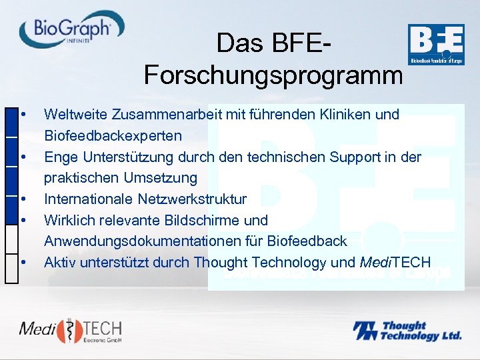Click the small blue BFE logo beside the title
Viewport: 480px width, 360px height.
coord(435,45)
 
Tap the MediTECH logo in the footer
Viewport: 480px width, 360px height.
coord(70,329)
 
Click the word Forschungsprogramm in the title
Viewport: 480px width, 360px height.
coord(273,75)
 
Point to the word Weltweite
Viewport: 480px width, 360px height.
coord(71,114)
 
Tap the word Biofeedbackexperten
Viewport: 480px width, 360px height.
coord(113,135)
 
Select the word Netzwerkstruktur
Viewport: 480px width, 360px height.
coord(192,199)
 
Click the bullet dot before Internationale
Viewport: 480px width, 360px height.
coord(23,199)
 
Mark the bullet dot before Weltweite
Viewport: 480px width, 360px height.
coord(23,114)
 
